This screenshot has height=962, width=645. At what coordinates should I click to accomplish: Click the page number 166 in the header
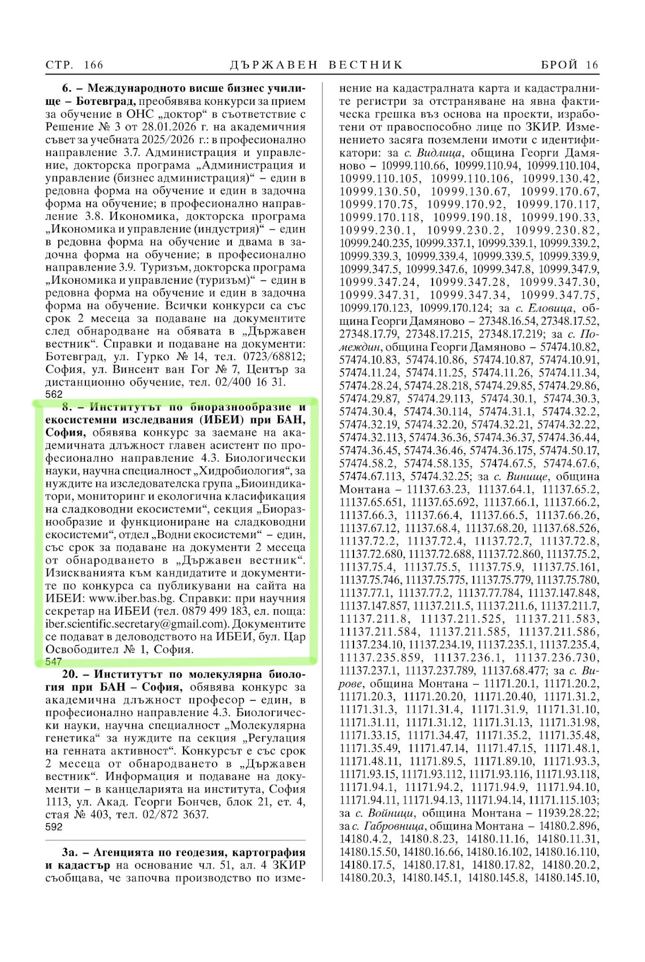(x=93, y=65)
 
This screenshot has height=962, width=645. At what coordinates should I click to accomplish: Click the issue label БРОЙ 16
(x=570, y=65)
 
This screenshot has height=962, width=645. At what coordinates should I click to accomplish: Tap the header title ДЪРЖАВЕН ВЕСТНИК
(x=317, y=65)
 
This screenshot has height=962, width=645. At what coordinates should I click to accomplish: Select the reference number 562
(x=54, y=394)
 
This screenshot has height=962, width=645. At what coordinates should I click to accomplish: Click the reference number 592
(x=54, y=827)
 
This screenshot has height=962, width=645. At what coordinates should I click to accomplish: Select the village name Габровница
(x=394, y=826)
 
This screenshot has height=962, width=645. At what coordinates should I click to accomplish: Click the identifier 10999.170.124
(x=454, y=308)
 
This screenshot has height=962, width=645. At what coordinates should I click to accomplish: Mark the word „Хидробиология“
(x=242, y=471)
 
